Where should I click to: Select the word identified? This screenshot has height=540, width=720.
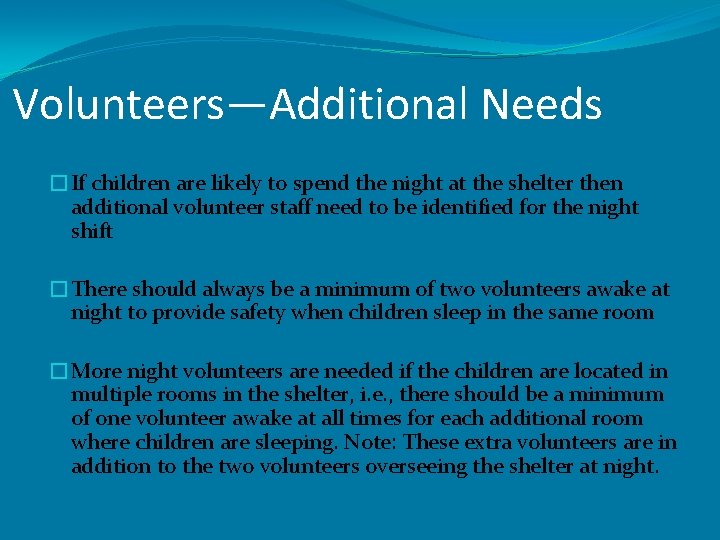[x=469, y=208]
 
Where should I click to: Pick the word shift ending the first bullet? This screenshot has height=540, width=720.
[x=92, y=232]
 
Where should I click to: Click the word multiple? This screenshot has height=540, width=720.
[x=109, y=395]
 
